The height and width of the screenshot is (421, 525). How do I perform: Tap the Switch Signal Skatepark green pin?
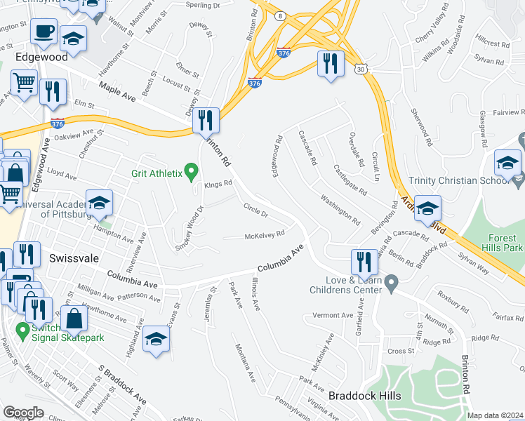pos(22,329)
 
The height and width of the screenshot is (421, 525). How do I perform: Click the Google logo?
pos(23,413)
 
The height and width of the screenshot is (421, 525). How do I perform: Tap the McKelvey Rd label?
pos(264,235)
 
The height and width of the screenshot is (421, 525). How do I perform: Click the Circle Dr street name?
pos(255,210)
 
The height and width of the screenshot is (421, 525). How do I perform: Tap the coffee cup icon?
pos(44,32)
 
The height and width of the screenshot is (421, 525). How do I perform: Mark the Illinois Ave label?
pos(256,294)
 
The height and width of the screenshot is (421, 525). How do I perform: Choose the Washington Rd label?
pos(340,208)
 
